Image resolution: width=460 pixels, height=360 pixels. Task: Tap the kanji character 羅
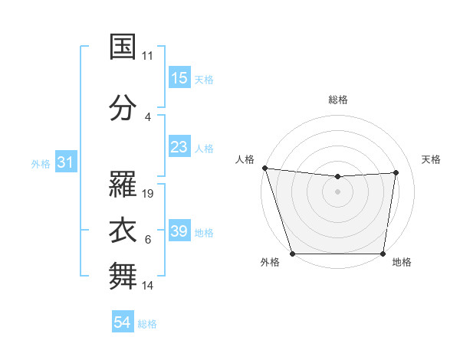point(123,185)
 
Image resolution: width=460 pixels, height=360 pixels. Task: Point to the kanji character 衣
point(123,231)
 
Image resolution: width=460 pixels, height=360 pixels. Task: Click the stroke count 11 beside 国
point(148,56)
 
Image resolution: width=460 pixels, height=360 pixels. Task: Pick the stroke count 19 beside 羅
point(149,194)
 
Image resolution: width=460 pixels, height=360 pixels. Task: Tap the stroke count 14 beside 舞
point(149,286)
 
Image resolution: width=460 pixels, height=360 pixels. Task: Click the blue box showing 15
point(179,77)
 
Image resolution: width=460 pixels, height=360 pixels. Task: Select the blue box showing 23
point(179,146)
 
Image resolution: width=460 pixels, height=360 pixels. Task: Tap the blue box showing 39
point(179,231)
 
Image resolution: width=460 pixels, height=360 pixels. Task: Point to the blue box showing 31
point(65,162)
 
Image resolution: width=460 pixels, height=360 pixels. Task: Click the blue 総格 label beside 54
point(147,324)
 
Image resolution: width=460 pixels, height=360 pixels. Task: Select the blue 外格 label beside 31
point(41,164)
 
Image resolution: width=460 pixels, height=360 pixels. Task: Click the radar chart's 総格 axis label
point(338,100)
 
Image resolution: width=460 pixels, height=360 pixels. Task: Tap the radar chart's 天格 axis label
point(432,159)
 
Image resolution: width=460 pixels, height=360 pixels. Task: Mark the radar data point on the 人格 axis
point(264,168)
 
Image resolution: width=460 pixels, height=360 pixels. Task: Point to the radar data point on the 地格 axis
point(383,254)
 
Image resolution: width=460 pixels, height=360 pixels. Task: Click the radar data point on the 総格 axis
point(338,177)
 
